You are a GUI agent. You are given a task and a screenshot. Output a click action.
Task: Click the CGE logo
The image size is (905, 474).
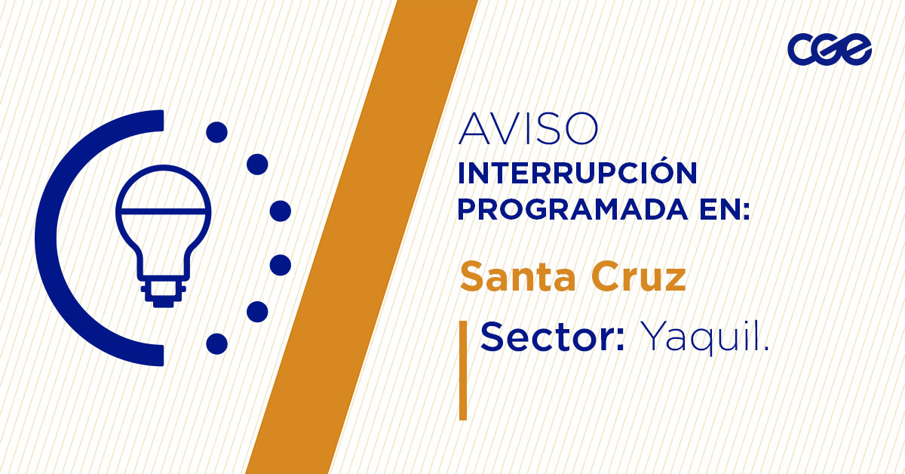point(830,50)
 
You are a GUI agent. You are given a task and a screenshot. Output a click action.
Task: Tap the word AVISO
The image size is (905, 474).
point(528,129)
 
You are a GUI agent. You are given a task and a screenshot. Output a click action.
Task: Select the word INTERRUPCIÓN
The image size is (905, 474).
point(577,174)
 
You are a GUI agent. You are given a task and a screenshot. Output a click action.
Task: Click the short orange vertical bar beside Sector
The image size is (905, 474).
point(463,370)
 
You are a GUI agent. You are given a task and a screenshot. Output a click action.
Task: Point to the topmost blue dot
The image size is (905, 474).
point(216,132)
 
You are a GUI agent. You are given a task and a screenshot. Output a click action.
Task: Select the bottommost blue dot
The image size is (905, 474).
point(216,343)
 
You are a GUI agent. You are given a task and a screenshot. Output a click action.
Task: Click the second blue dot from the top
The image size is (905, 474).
point(258,164)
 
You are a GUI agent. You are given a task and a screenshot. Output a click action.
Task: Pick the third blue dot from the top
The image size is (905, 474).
point(281,211)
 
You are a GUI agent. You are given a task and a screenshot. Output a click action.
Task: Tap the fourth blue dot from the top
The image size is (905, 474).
point(281,265)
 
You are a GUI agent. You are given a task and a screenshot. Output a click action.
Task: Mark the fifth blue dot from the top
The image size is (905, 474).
point(258,311)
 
